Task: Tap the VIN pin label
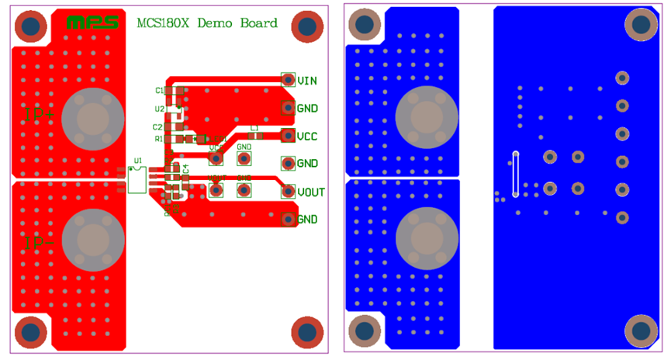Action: pyautogui.click(x=306, y=80)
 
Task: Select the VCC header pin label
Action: pyautogui.click(x=307, y=136)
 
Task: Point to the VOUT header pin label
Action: pyautogui.click(x=310, y=192)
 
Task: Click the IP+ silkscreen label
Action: pyautogui.click(x=39, y=113)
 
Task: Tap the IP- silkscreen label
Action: pyautogui.click(x=39, y=243)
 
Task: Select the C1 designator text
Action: pyautogui.click(x=159, y=91)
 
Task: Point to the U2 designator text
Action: pyautogui.click(x=159, y=109)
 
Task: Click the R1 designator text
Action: pyautogui.click(x=158, y=139)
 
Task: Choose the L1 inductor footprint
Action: pyautogui.click(x=254, y=136)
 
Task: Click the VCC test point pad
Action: pyautogui.click(x=216, y=158)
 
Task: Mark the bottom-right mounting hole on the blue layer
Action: pyautogui.click(x=641, y=331)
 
